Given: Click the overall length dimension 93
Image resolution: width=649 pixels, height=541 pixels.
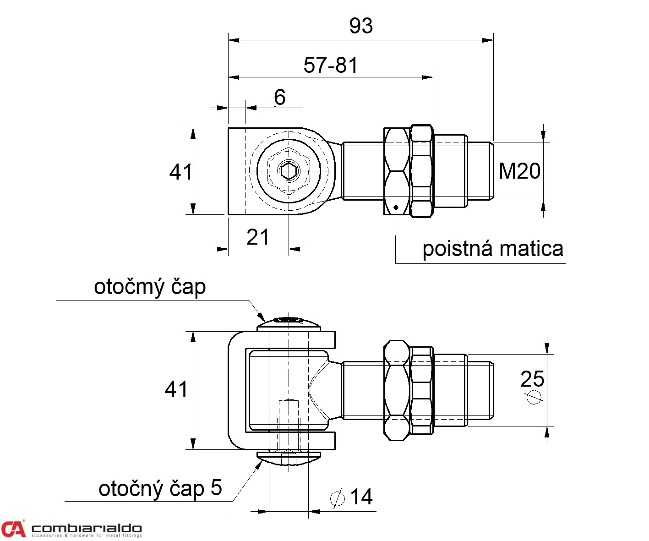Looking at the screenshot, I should coord(361,26).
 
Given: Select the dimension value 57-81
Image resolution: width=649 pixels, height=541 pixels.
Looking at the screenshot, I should coord(331,66).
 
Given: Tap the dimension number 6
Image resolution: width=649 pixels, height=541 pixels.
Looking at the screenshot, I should coord(279,98).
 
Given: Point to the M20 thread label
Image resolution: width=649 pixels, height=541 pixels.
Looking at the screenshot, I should coord(519,171).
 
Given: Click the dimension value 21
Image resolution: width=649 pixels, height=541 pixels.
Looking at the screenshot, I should coord(258,237).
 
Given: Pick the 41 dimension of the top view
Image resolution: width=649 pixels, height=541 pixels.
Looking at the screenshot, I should coord(180,172).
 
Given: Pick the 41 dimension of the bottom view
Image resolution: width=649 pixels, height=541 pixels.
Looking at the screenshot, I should coord(176,389).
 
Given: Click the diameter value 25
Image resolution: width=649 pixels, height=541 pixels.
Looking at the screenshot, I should coord(532,379).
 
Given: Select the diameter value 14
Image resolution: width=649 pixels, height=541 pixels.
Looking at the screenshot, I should coord(361,497).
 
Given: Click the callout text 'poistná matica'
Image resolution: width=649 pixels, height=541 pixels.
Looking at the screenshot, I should coord(492,249).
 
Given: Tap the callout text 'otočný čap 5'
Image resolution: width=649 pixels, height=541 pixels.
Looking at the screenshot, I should coord(160,488).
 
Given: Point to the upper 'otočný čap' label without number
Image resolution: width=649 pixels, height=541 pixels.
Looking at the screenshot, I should coord(150,287).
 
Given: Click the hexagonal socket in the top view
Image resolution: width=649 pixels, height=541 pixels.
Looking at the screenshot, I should coord(289,171).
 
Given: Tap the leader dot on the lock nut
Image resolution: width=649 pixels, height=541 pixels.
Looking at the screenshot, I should coord(395,207).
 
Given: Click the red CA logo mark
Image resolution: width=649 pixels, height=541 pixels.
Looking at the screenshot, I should coord(13,529).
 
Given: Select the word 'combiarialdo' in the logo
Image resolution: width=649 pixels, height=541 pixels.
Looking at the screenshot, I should coord(87,529).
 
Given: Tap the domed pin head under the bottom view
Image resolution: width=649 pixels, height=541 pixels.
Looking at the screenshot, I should coord(289,458).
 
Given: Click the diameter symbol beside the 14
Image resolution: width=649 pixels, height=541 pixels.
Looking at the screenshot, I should coord(338,498).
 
